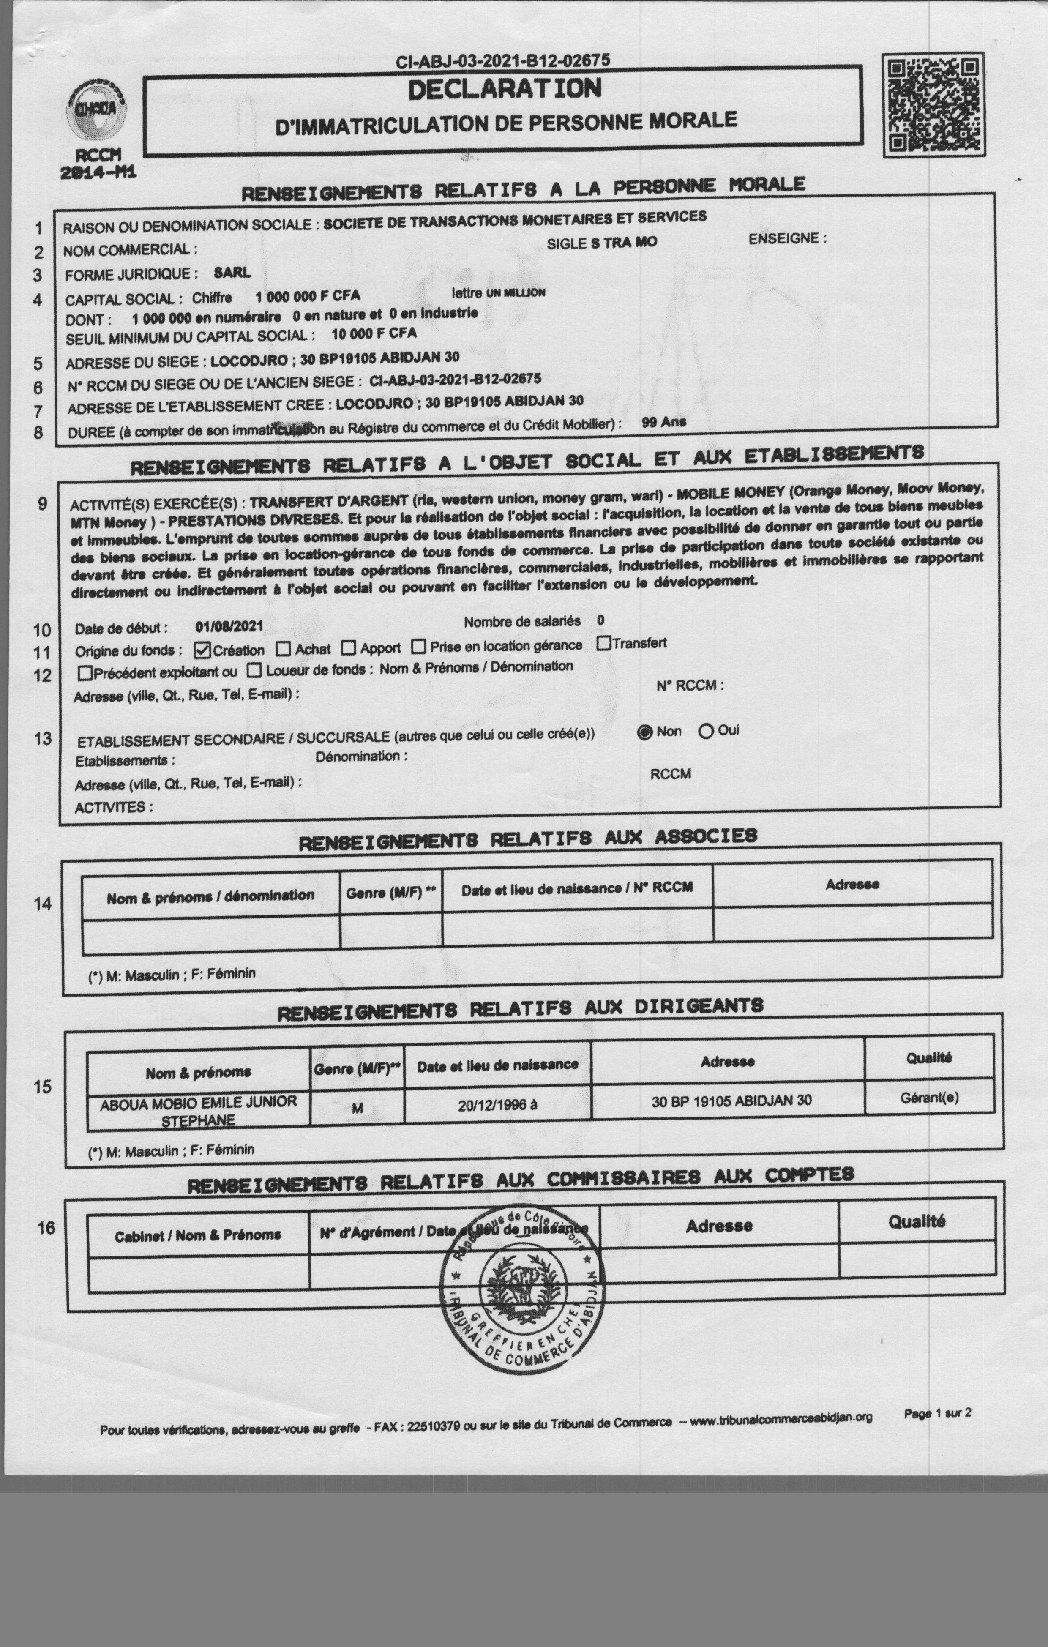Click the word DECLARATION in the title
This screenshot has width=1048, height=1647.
pyautogui.click(x=505, y=89)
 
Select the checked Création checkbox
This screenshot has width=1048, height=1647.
pyautogui.click(x=202, y=650)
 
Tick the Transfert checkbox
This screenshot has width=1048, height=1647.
pyautogui.click(x=603, y=643)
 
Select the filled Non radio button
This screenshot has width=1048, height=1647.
pyautogui.click(x=644, y=732)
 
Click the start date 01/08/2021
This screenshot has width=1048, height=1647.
pyautogui.click(x=229, y=626)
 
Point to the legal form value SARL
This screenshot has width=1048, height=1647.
pyautogui.click(x=232, y=272)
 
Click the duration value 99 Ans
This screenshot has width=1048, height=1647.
pyautogui.click(x=663, y=422)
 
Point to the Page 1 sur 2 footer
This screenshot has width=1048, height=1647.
pyautogui.click(x=937, y=1413)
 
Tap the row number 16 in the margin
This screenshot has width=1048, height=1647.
pyautogui.click(x=46, y=1228)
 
